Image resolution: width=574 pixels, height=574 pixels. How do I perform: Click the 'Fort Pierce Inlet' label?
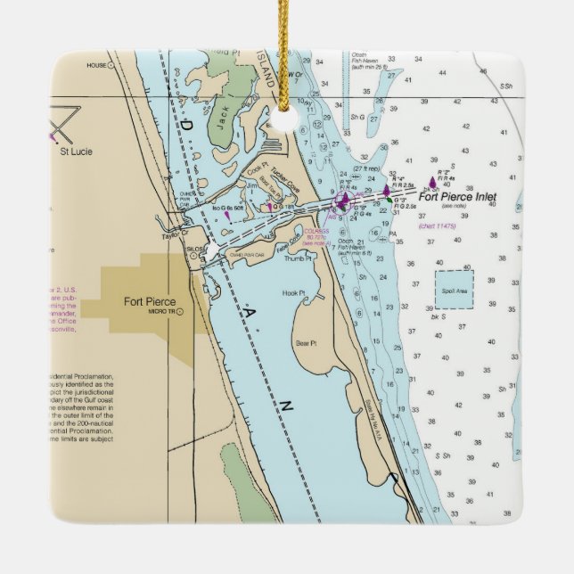click(456, 197)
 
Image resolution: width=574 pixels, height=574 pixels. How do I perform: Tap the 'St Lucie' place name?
click(76, 152)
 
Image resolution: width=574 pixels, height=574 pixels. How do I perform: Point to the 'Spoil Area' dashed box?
click(454, 290)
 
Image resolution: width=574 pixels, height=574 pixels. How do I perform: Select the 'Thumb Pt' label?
click(298, 259)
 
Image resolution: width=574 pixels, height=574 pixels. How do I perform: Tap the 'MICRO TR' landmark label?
click(160, 313)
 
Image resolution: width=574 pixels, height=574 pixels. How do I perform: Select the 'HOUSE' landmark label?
click(95, 65)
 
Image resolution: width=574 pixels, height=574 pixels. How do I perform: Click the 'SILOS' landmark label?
click(193, 250)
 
